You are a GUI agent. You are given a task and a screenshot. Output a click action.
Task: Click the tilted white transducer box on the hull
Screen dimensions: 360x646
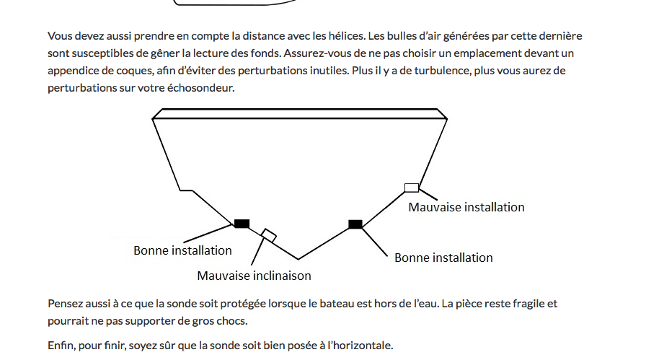(269, 234)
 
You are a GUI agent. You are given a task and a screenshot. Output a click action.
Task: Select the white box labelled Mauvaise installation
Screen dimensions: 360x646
(411, 188)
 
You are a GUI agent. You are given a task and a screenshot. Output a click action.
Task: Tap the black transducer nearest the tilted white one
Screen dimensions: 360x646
(242, 224)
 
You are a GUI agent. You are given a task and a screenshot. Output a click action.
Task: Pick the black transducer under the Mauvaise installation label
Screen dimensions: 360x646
(355, 224)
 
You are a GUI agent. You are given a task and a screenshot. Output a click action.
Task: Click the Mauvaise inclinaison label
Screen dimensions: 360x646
(254, 276)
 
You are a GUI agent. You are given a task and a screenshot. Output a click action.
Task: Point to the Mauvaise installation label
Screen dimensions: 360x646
(466, 207)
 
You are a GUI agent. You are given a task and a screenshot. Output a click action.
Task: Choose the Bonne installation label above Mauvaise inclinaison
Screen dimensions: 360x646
(182, 250)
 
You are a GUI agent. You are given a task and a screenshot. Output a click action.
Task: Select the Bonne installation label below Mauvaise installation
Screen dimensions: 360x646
(443, 258)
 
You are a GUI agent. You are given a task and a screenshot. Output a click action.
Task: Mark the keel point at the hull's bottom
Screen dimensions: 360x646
(298, 259)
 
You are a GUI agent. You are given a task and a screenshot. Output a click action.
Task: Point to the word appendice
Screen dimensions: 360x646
(75, 71)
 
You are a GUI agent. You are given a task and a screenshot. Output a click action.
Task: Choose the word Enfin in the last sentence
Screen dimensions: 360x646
(61, 345)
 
